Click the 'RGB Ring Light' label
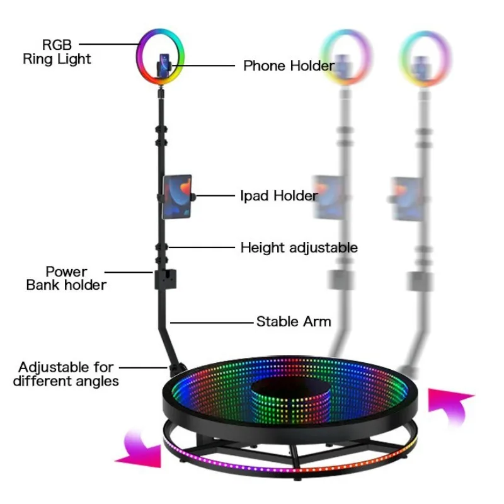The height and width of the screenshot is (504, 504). pos(57,52)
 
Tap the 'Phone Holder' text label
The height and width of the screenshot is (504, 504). pos(289,66)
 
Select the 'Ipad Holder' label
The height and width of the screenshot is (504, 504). pos(279,195)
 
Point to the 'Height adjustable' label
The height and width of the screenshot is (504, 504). pos(299,248)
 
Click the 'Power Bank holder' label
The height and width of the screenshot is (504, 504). pos(66,278)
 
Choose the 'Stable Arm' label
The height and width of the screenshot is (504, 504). pos(294,321)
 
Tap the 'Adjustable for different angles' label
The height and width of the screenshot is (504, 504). pos(66,374)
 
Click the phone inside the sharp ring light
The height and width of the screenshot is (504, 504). pos(164,66)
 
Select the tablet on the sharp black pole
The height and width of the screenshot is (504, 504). pos(177,197)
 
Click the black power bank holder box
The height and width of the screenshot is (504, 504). pos(165,279)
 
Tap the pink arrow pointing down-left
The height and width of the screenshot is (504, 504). pos(140,449)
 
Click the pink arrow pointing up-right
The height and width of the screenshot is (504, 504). pos(450,406)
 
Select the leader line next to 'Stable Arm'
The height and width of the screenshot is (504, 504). pos(212,323)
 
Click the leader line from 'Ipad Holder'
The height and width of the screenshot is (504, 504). pos(215,195)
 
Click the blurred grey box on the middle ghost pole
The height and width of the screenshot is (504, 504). pos(341,280)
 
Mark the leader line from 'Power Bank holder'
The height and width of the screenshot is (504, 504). pos(129,272)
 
